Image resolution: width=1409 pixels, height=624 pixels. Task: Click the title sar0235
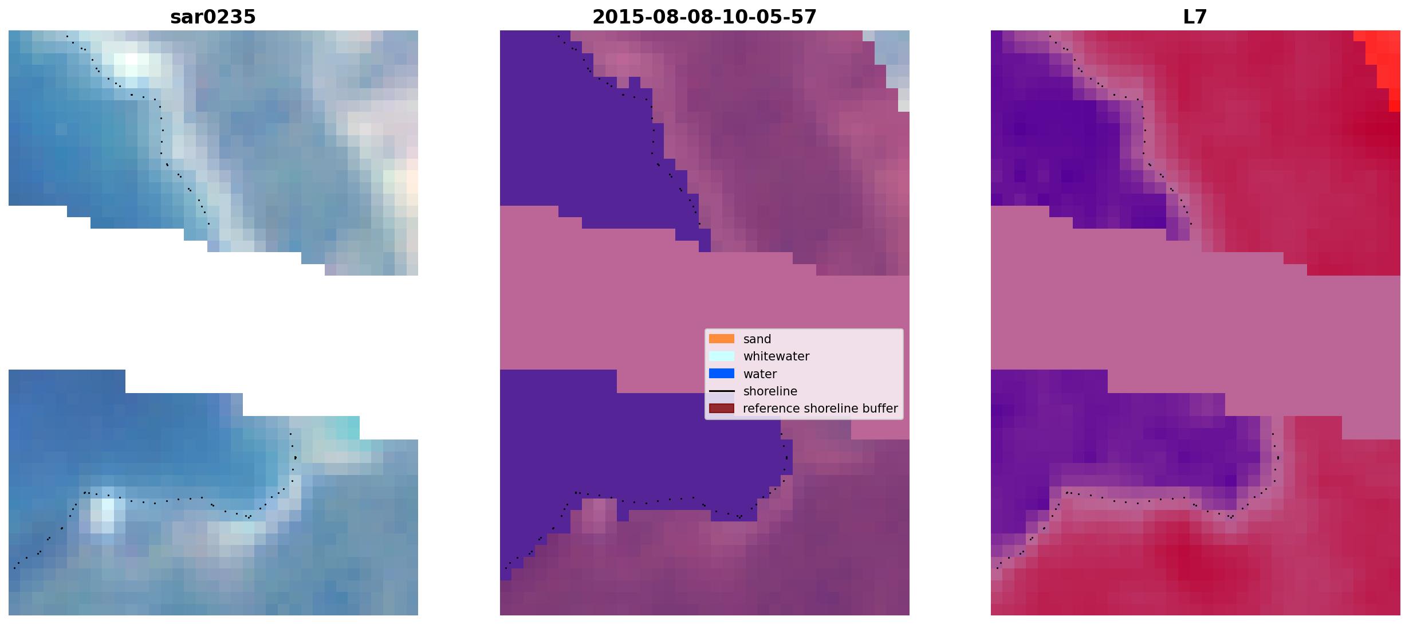(213, 17)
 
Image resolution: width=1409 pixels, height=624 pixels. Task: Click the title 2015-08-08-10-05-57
(704, 17)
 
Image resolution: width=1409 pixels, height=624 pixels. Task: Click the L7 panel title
(1195, 17)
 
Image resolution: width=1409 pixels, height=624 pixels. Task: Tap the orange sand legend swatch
(722, 339)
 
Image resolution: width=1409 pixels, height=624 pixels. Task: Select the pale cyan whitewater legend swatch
(722, 356)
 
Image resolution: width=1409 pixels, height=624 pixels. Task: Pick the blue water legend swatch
(722, 374)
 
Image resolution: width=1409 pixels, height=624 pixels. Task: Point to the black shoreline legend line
(722, 391)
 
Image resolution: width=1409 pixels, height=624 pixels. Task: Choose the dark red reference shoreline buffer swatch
(722, 409)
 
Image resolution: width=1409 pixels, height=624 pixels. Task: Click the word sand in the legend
(757, 339)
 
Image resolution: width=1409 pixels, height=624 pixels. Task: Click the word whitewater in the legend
(776, 356)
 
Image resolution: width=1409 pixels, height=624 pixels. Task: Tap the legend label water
(760, 374)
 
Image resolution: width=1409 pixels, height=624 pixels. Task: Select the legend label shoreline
(770, 391)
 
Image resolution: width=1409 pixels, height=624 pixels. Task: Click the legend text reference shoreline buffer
(820, 409)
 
